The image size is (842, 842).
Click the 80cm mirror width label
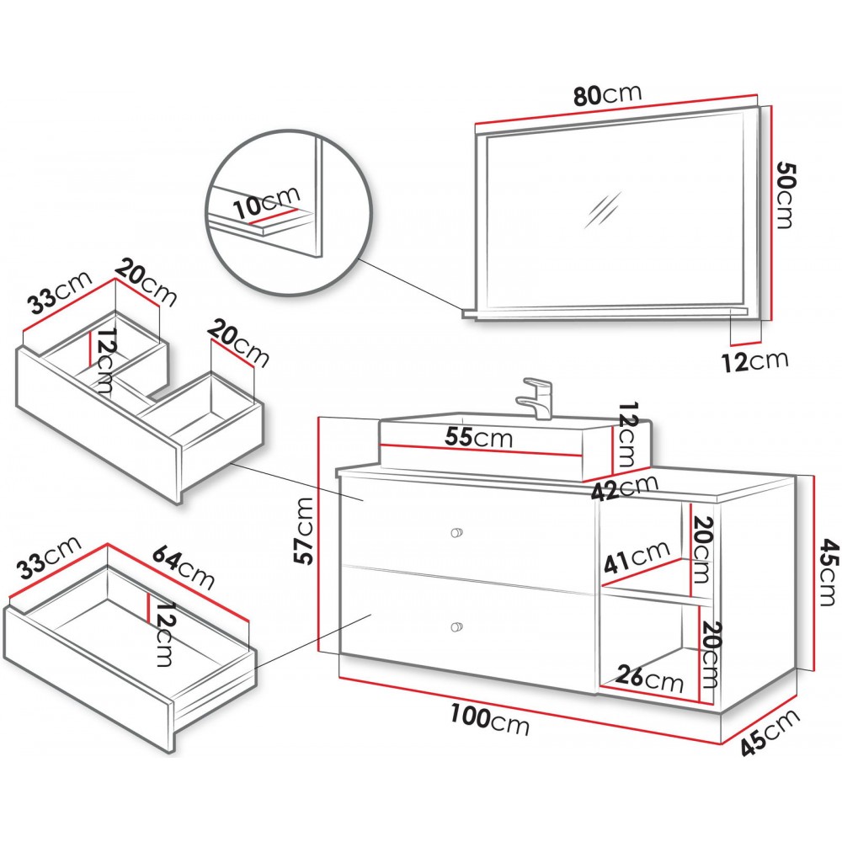pos(607,94)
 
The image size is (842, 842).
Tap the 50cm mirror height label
pos(787,193)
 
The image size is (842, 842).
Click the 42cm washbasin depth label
pos(624,488)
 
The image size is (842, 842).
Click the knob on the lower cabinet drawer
pos(457,626)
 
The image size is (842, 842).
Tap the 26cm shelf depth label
pos(649,678)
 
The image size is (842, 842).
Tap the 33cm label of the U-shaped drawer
pos(59,298)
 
